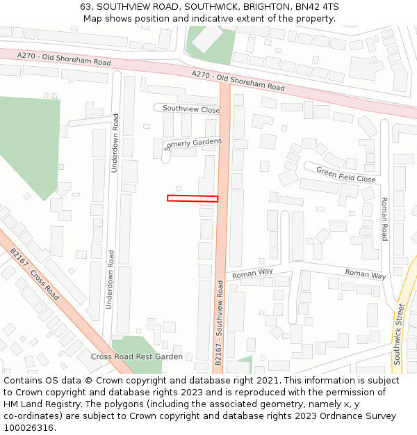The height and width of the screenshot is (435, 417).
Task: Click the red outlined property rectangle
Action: point(193,198)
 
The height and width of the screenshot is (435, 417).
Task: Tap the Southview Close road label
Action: point(191,109)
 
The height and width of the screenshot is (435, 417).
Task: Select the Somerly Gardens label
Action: point(194,143)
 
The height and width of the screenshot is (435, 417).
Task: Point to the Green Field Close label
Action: point(345,174)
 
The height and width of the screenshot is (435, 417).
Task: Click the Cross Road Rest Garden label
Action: point(137,356)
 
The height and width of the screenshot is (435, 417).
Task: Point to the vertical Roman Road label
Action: point(384,219)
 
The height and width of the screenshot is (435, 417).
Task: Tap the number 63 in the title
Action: point(85,6)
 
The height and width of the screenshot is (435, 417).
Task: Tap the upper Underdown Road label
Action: point(115,143)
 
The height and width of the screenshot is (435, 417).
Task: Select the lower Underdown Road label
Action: point(110,280)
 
